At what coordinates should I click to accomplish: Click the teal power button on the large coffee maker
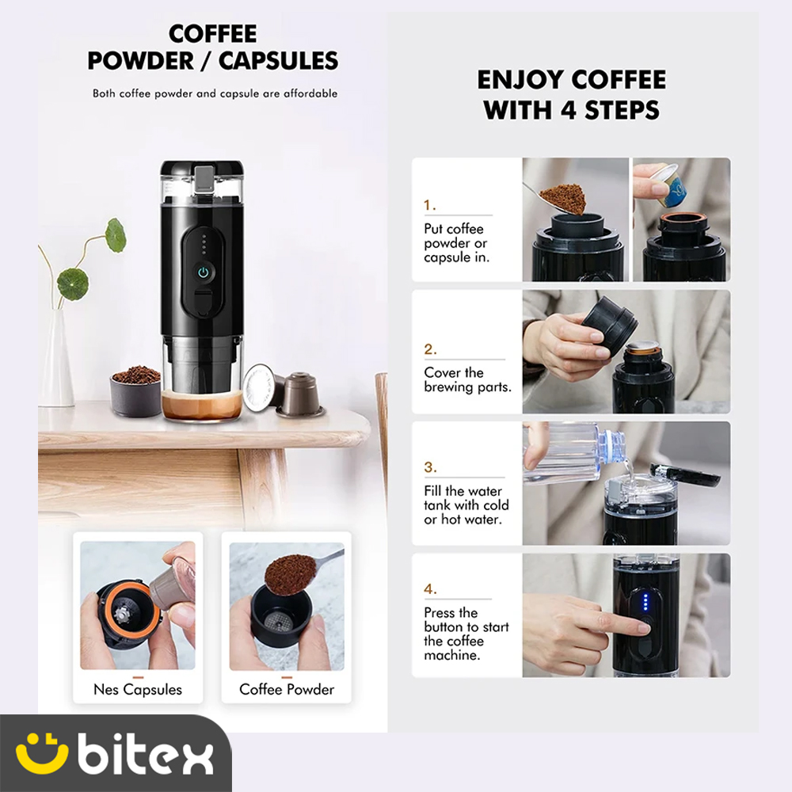203,272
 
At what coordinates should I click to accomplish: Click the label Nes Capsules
138,690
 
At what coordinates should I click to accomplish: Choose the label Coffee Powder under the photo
287,690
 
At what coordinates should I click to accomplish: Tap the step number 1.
430,205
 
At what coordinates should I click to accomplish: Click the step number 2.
430,349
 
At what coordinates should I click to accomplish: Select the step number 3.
430,467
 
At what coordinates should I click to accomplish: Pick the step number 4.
430,589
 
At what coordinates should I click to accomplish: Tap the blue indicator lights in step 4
645,602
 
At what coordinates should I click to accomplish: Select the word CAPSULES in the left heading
278,61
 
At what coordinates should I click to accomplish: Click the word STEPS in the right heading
622,110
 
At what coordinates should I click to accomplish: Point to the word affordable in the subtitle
310,93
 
